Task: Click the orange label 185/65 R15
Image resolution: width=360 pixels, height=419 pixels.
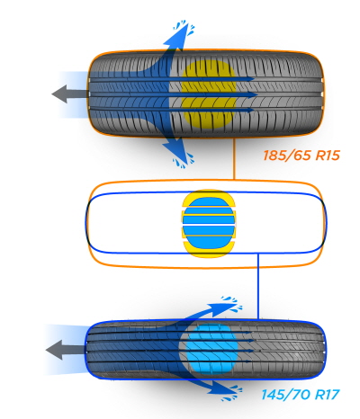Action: click(301, 156)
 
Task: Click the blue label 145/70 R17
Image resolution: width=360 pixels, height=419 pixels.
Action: click(301, 395)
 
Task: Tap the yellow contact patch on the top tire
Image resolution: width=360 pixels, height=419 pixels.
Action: click(209, 94)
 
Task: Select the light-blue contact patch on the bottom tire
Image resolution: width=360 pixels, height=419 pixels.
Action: click(212, 349)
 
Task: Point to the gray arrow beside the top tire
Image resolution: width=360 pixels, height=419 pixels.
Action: click(70, 94)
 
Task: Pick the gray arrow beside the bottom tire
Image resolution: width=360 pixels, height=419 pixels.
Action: click(65, 350)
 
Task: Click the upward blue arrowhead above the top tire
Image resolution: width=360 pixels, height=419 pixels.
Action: click(177, 38)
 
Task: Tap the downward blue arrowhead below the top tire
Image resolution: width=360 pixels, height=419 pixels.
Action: click(176, 150)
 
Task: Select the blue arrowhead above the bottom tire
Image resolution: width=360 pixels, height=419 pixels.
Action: click(222, 308)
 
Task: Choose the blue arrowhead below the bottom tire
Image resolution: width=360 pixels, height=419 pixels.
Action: click(222, 389)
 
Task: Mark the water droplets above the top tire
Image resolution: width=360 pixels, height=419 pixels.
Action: click(184, 26)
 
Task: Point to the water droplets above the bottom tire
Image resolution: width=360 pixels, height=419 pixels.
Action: click(232, 303)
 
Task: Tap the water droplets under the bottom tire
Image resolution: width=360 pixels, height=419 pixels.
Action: click(232, 393)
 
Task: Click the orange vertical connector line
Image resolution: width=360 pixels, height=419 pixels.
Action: click(234, 159)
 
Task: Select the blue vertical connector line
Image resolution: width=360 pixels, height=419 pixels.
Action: click(258, 286)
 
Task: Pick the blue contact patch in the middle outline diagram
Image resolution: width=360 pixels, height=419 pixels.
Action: click(208, 223)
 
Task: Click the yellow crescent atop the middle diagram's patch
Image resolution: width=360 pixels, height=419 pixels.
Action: click(208, 196)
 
